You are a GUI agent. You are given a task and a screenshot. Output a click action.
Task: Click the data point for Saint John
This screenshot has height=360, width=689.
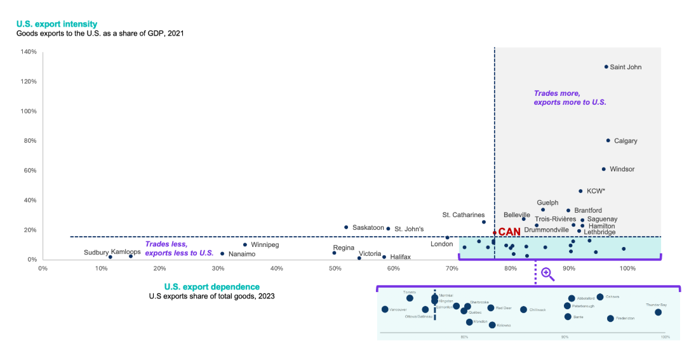pos(606,67)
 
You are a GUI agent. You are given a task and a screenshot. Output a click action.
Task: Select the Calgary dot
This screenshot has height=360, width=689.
pos(608,140)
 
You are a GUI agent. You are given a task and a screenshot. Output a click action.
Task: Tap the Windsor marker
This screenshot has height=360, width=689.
pos(604,169)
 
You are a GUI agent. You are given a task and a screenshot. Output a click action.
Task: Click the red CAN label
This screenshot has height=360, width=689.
pos(509,232)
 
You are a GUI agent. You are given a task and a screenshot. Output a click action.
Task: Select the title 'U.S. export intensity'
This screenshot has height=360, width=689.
pos(57,24)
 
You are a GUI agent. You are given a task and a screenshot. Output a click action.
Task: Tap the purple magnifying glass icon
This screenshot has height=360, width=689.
pos(547,274)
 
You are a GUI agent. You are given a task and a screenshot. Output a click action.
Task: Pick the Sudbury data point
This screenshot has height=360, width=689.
pos(110,257)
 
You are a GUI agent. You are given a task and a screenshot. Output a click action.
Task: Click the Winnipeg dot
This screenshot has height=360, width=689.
pos(245,244)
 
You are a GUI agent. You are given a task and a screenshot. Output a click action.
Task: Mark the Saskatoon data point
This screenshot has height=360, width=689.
pos(346,227)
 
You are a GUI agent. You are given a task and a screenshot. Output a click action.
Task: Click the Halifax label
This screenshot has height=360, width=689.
pos(400,257)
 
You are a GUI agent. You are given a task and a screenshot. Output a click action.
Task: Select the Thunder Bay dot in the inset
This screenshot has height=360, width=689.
pos(658,312)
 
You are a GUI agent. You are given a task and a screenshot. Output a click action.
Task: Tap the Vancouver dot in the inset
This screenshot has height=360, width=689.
pos(385,309)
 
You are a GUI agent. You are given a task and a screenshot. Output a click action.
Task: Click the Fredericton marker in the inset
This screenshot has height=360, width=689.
pos(610,318)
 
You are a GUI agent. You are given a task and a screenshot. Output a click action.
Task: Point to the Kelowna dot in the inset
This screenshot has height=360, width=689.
pos(492,324)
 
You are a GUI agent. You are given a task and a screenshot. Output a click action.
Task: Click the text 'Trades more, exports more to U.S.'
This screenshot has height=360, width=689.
pos(570,97)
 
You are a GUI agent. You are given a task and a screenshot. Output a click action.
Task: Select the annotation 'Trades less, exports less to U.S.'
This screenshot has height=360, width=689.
pos(179,248)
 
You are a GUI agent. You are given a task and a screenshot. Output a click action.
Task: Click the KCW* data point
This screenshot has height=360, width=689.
pos(580,190)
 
